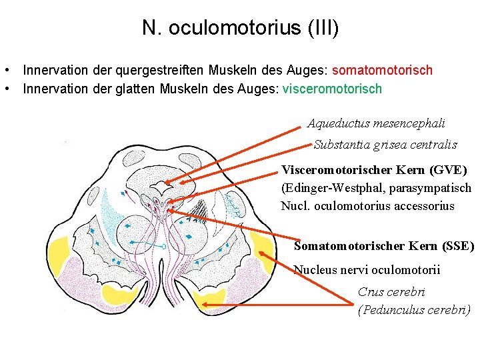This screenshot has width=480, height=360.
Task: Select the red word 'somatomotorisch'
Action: click(x=382, y=70)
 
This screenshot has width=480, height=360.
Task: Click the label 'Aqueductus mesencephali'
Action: click(x=376, y=123)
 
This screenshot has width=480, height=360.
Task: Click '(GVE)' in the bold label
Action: click(x=447, y=170)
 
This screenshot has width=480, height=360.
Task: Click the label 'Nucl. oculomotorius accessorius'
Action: click(x=367, y=206)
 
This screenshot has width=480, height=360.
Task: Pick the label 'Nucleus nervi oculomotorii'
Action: click(x=367, y=269)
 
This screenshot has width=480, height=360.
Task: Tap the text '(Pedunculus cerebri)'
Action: click(x=413, y=309)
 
